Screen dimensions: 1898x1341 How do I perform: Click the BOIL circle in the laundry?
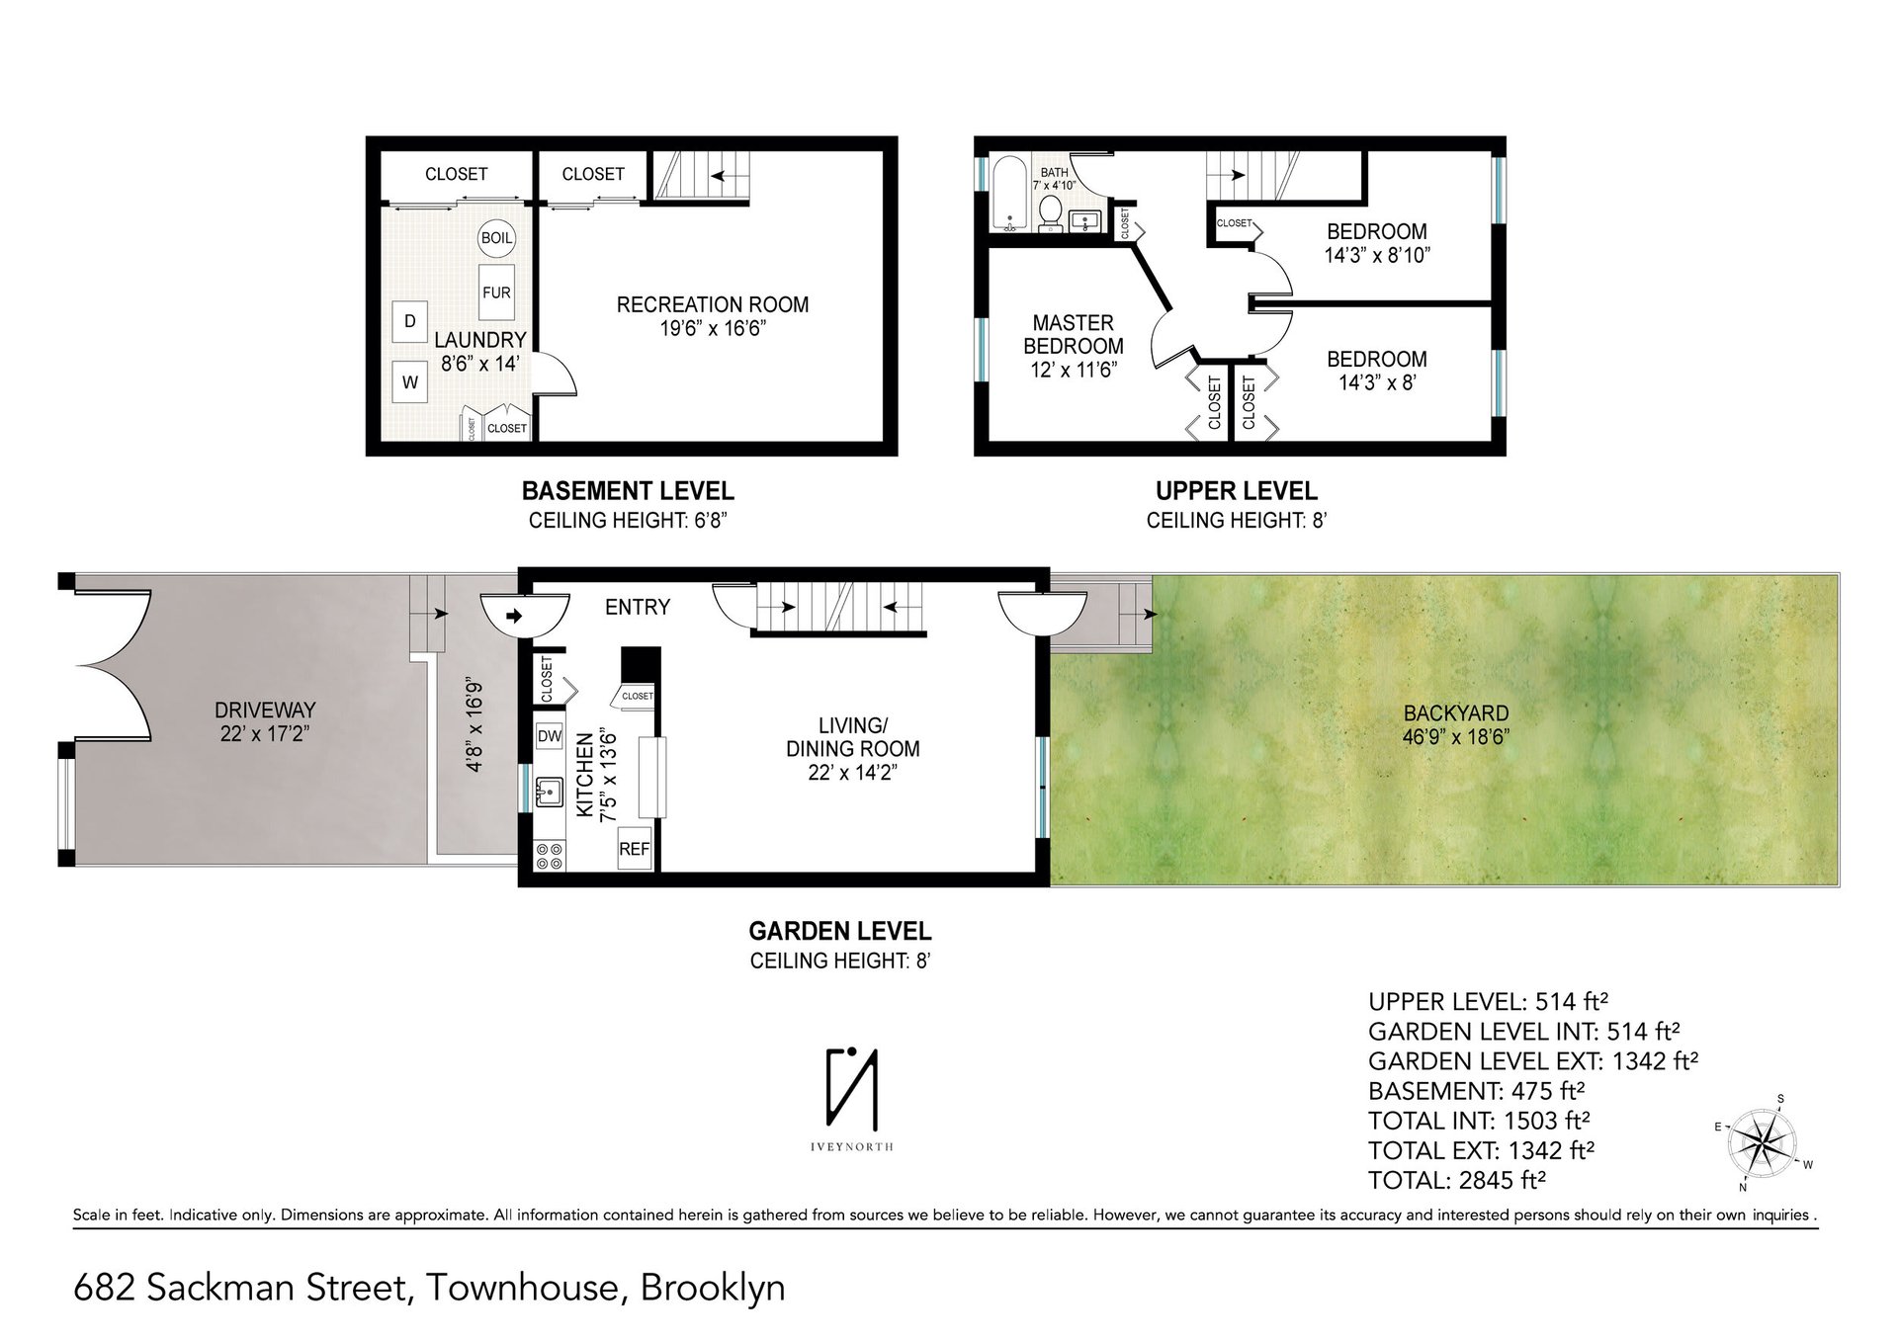[x=496, y=238]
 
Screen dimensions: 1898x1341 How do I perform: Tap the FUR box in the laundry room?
[x=496, y=293]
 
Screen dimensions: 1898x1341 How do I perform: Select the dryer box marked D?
[x=410, y=320]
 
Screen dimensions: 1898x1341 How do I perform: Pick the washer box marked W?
[x=410, y=382]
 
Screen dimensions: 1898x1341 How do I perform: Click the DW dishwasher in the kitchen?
[x=550, y=736]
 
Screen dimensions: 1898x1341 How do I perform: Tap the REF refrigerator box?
[x=635, y=849]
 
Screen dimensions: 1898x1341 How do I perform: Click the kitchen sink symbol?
[x=549, y=793]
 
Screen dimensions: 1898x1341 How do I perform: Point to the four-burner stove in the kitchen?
[x=549, y=856]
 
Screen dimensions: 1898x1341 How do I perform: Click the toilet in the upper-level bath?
[x=1052, y=211]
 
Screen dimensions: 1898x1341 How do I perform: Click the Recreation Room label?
[x=713, y=315]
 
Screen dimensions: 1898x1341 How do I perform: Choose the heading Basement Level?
[x=628, y=490]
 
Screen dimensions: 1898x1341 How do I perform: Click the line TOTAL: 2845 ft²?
[x=1457, y=1179]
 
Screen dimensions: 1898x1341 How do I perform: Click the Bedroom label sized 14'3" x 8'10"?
[x=1377, y=242]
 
